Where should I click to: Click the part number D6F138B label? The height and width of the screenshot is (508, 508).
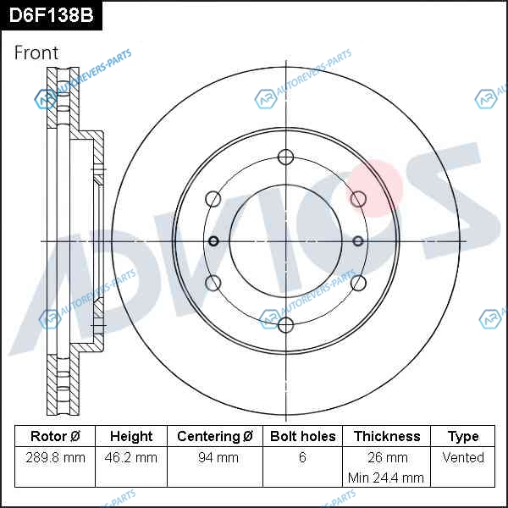(x=51, y=15)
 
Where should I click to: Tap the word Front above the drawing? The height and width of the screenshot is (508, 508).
(x=36, y=52)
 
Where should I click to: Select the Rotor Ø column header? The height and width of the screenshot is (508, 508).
(x=55, y=436)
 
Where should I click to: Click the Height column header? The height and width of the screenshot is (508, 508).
(x=131, y=436)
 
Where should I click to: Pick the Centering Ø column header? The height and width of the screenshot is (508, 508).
(x=215, y=436)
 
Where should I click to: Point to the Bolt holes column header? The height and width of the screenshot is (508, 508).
(x=302, y=436)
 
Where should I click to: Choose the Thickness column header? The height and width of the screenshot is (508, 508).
(x=387, y=436)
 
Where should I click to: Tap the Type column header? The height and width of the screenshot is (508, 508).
(x=463, y=437)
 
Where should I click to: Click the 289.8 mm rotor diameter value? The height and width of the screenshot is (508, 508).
(x=55, y=457)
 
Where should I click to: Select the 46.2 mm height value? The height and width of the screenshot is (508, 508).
(x=131, y=457)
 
